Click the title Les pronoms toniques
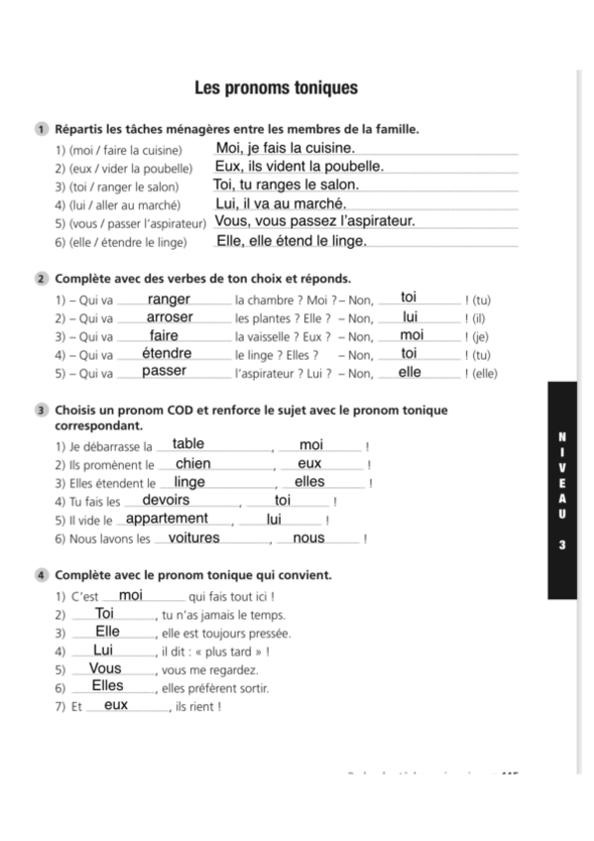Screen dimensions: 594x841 point(275,88)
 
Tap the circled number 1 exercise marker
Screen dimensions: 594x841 point(41,129)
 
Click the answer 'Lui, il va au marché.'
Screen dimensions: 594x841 point(280,203)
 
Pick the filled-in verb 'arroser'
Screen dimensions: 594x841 point(170,317)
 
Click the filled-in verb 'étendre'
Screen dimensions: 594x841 point(167,353)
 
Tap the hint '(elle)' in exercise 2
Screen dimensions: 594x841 point(483,374)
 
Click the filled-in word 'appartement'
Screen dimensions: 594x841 point(168,519)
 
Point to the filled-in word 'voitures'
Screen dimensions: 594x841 point(194,538)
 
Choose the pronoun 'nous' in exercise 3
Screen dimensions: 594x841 point(309,538)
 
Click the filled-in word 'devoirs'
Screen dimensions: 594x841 point(167,500)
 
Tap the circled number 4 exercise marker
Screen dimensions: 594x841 point(41,575)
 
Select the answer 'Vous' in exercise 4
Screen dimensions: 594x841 point(105,668)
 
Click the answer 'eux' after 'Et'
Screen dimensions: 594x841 point(116,705)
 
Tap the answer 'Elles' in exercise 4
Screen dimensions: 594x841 point(107,686)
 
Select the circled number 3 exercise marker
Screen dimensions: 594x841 point(41,410)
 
